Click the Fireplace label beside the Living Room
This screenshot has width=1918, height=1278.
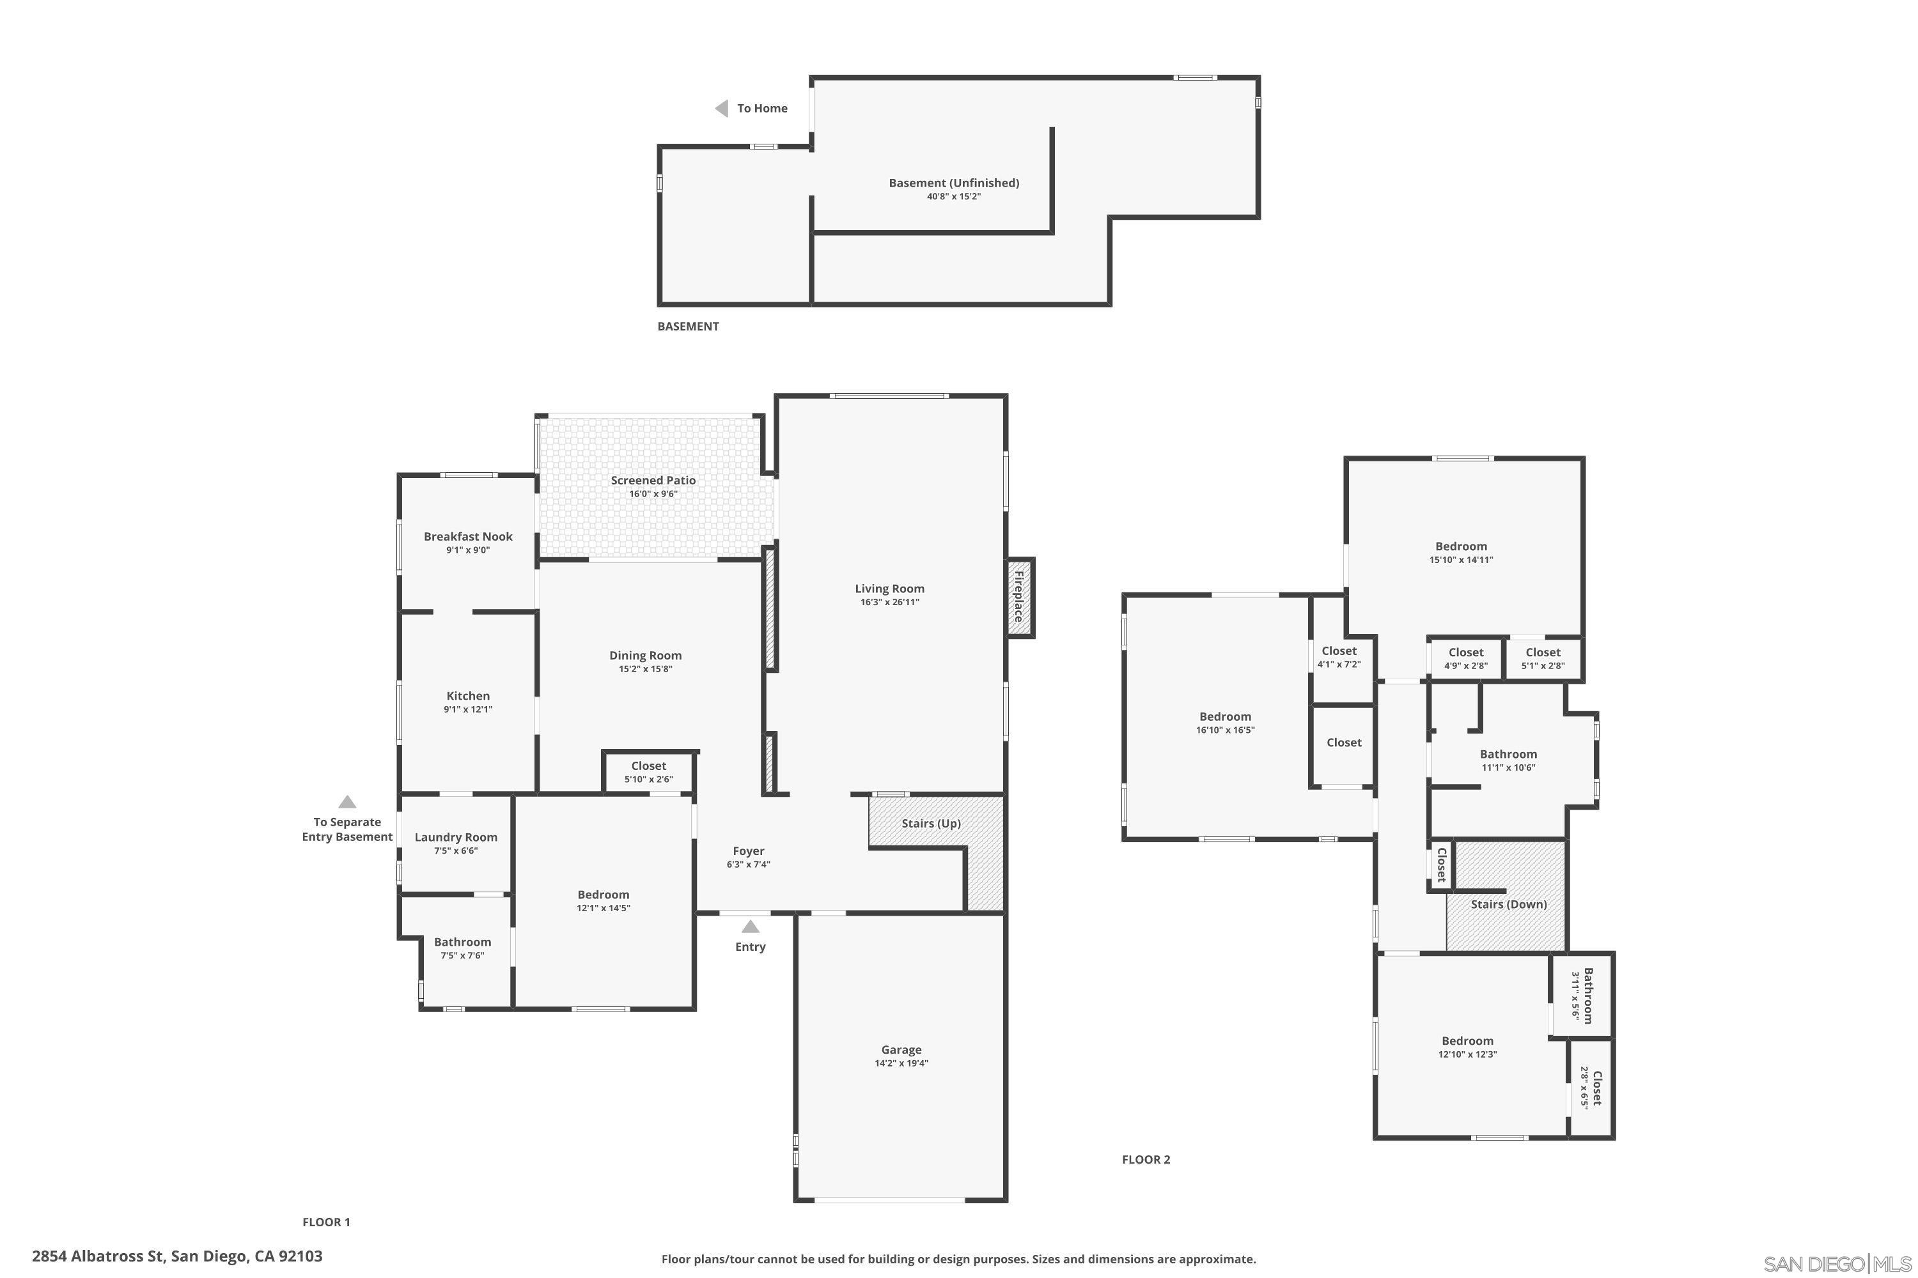(1018, 597)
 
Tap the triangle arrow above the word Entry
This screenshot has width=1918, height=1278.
(750, 927)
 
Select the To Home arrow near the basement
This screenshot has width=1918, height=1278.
(722, 109)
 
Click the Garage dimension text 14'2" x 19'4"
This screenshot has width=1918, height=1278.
(901, 1063)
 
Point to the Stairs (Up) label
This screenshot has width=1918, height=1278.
(930, 823)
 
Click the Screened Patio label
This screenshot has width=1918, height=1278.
(653, 480)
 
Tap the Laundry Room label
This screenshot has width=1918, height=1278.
(456, 837)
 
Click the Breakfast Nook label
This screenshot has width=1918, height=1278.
(468, 536)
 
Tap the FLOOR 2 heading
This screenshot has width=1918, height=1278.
(1146, 1160)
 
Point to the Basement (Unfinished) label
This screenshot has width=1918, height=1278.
(953, 183)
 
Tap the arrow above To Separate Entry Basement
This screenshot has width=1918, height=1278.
(347, 802)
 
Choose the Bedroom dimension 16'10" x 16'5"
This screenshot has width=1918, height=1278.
(1225, 730)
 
